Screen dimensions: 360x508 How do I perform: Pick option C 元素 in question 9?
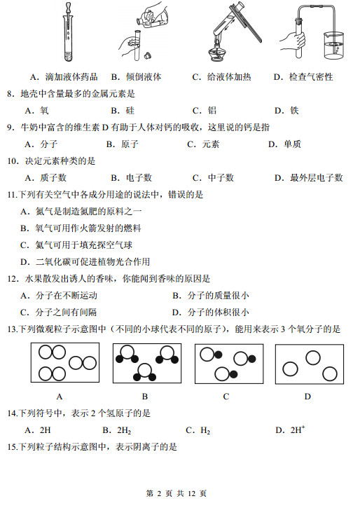click(x=203, y=144)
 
